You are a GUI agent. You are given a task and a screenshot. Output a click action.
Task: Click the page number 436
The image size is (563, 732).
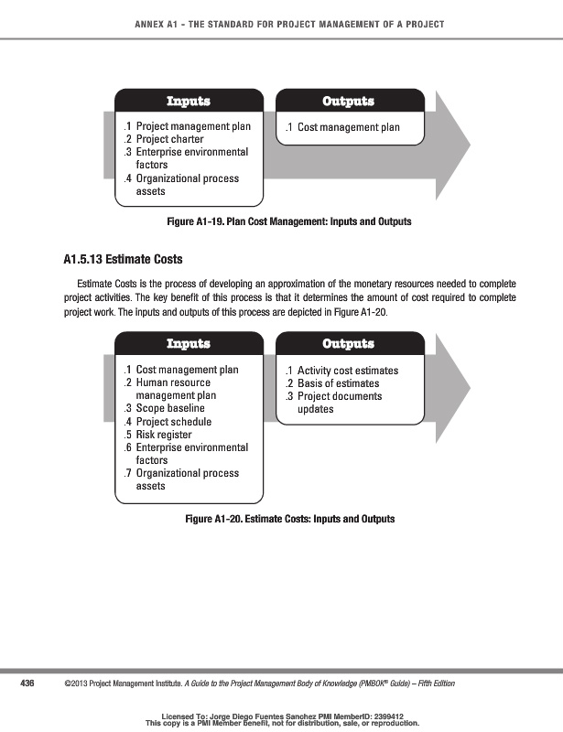[x=27, y=683]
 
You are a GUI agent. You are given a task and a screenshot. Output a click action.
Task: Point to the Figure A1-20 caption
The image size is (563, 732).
[x=289, y=519]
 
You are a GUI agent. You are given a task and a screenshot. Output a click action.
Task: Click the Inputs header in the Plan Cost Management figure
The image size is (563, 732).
[x=188, y=101]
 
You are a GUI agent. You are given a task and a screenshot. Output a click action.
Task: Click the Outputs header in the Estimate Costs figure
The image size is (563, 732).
[x=348, y=343]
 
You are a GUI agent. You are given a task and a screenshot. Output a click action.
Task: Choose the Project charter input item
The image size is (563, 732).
[x=169, y=140]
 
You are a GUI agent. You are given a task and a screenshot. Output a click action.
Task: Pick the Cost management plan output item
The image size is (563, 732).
[x=348, y=127]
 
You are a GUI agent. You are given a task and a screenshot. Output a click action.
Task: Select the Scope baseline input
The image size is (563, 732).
[x=169, y=408]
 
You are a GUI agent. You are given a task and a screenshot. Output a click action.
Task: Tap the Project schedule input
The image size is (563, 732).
[x=173, y=422]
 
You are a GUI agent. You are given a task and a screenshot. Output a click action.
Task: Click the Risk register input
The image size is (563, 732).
[x=167, y=435]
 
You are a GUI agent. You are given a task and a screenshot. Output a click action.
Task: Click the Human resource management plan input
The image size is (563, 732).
[x=176, y=389]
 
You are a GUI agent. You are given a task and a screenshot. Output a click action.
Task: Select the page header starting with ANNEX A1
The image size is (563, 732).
[x=281, y=24]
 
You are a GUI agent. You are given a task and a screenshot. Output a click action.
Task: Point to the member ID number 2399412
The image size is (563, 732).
[x=383, y=716]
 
